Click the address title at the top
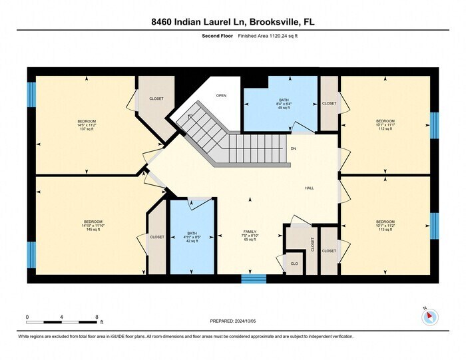tap(233, 22)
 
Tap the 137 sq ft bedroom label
tap(87, 124)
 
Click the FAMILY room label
tap(250, 236)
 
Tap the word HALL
tap(310, 188)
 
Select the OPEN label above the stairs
tap(221, 96)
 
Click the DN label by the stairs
tap(294, 148)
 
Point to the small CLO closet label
tap(294, 263)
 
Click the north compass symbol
tap(430, 317)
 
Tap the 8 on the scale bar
tap(97, 317)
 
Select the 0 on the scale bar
tap(27, 317)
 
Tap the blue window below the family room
tap(253, 279)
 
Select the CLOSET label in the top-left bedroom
tap(156, 98)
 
